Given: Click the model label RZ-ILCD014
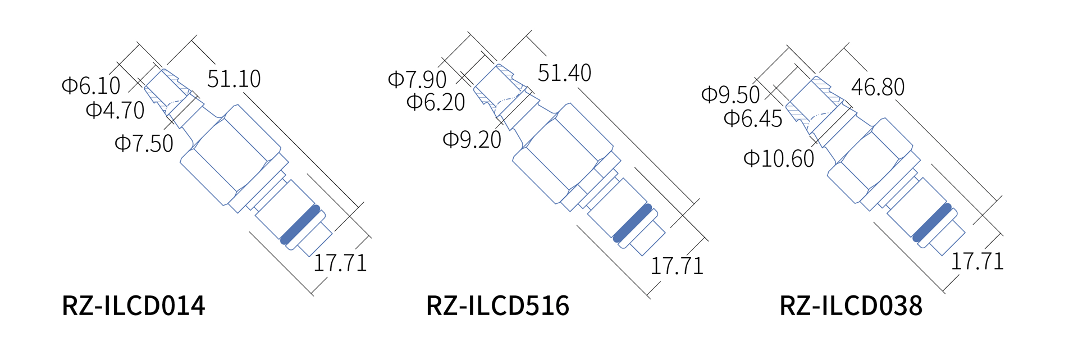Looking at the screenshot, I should click(x=134, y=306).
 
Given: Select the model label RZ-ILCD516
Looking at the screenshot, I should click(x=497, y=306).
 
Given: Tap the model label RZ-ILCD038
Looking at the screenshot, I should click(x=851, y=306).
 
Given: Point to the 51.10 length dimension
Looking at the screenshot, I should click(x=234, y=79).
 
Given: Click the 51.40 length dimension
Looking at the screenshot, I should click(x=564, y=73).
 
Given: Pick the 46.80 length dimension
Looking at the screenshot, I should click(x=878, y=88).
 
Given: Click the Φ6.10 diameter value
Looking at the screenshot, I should click(x=91, y=86).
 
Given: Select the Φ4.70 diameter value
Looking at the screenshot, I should click(x=115, y=110).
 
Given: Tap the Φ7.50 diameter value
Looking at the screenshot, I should click(x=144, y=144).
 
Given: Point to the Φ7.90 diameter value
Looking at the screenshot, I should click(x=417, y=80).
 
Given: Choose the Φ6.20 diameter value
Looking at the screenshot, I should click(x=436, y=102).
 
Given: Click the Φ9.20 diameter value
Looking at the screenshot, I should click(x=472, y=140).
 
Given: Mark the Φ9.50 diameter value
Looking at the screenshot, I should click(x=730, y=94).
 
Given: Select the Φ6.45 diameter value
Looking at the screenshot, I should click(x=753, y=119).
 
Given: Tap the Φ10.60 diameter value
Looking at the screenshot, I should click(x=779, y=159).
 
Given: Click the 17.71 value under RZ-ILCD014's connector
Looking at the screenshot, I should click(x=340, y=263).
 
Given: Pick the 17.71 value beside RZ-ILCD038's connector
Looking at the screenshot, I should click(x=977, y=261).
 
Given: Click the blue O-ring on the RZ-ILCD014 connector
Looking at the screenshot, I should click(x=300, y=225).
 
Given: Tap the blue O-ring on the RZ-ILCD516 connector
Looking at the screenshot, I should click(x=633, y=223).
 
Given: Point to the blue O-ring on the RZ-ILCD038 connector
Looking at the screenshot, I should click(x=932, y=222).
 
